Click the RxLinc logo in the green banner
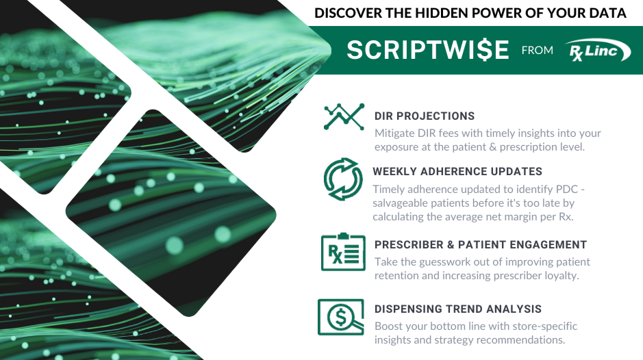[598, 50]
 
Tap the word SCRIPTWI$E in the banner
[428, 50]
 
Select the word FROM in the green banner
[537, 50]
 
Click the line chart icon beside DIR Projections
[344, 116]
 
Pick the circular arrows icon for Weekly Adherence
[342, 179]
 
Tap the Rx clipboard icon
[342, 252]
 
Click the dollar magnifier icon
[341, 316]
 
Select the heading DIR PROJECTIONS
[424, 116]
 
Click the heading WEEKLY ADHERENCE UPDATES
[457, 171]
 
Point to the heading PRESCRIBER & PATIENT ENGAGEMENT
[481, 244]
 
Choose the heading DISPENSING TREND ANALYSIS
[457, 309]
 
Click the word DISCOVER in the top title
[346, 13]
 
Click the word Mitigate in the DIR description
[396, 133]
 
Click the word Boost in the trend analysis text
[389, 326]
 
